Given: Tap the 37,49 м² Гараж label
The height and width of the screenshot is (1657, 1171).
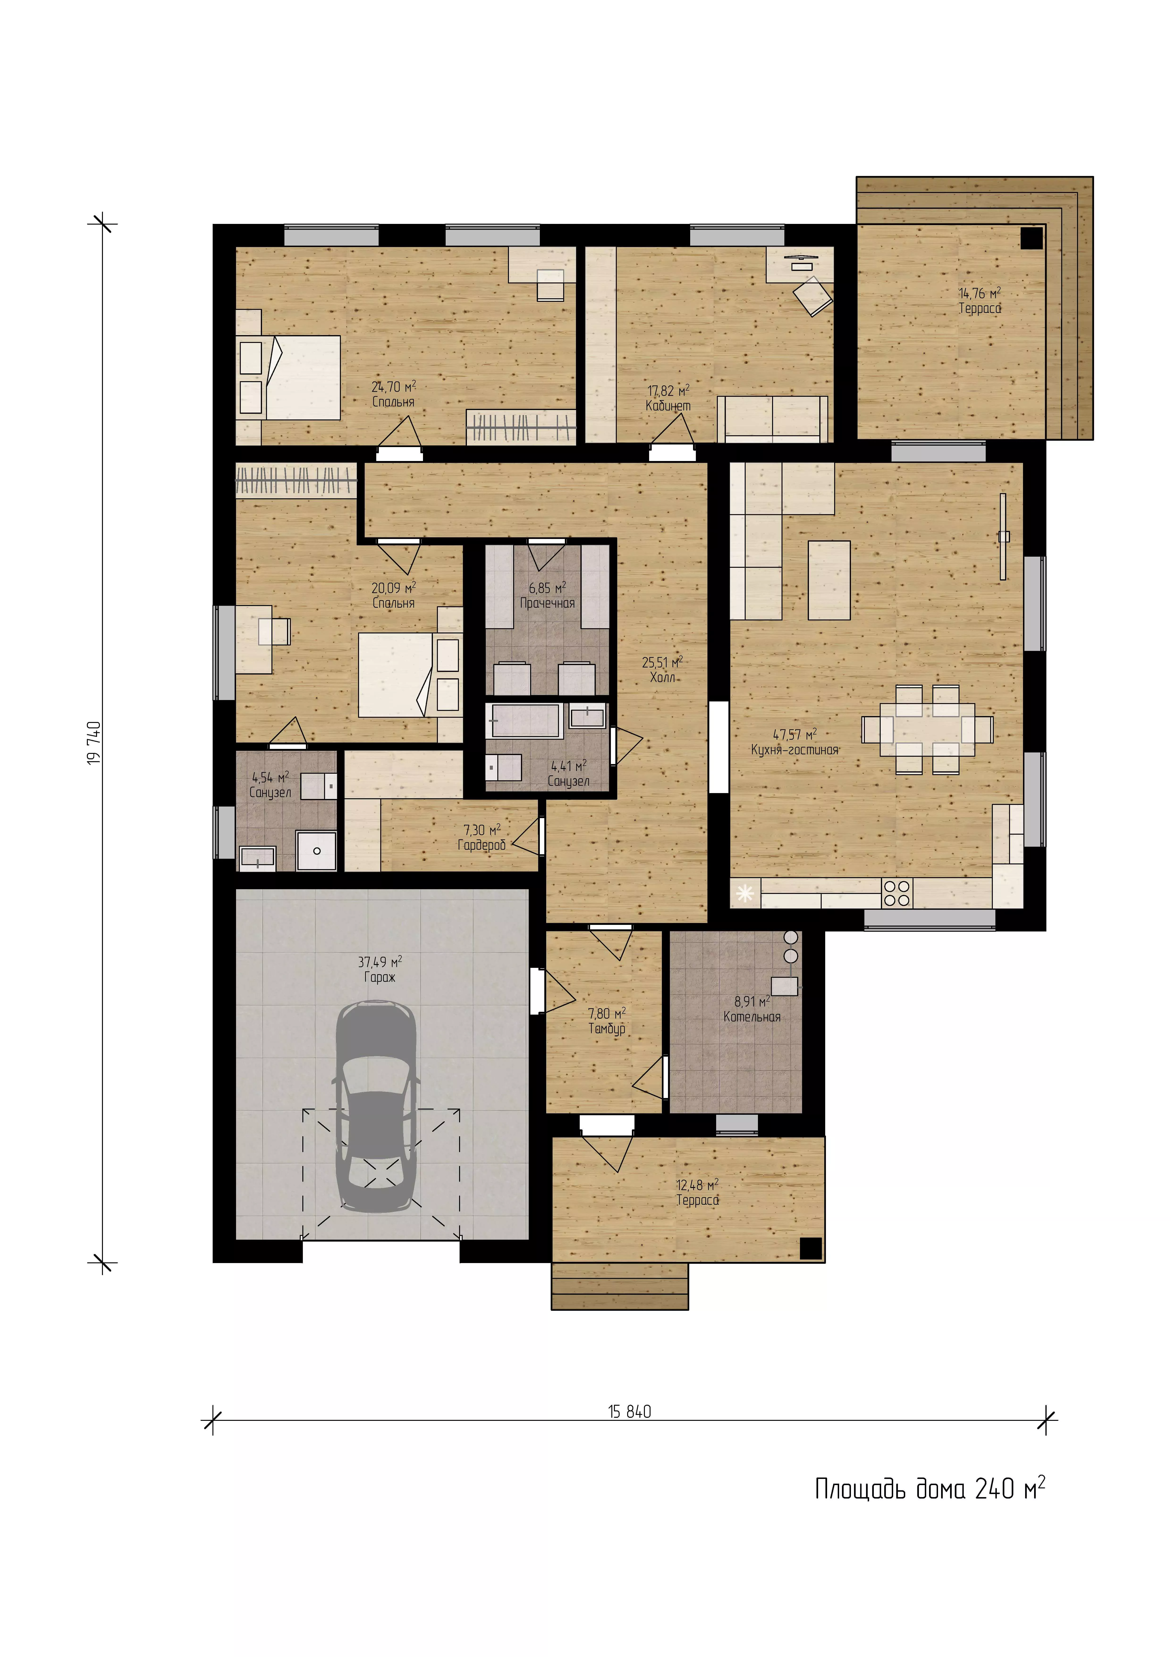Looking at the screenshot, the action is click(380, 969).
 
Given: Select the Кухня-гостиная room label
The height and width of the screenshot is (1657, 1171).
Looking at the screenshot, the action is click(794, 750).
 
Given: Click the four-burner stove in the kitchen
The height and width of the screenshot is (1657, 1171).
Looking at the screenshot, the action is click(897, 893).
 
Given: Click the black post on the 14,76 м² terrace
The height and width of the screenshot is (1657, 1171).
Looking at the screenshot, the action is click(1032, 237).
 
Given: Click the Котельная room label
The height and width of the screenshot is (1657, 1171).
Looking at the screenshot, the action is click(752, 1017).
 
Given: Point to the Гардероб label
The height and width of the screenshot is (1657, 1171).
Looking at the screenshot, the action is click(481, 844).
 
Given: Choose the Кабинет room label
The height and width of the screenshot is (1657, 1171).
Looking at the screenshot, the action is click(668, 406).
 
